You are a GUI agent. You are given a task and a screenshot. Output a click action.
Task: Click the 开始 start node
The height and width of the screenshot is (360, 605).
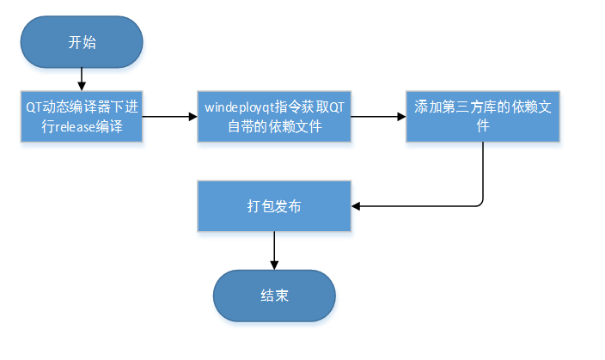click(x=82, y=42)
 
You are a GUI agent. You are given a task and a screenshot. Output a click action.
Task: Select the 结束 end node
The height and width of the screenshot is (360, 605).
click(x=274, y=296)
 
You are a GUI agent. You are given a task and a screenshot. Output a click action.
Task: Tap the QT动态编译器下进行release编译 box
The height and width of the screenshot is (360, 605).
click(x=82, y=116)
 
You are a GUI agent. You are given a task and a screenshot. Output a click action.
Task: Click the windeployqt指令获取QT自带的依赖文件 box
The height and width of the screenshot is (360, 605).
click(x=274, y=116)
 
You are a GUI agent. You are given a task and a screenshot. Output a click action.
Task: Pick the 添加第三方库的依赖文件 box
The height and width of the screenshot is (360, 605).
click(x=482, y=116)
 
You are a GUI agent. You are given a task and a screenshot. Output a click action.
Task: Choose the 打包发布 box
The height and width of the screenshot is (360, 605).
click(x=274, y=206)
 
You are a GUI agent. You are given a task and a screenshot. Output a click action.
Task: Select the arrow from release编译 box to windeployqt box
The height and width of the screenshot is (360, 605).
click(x=169, y=116)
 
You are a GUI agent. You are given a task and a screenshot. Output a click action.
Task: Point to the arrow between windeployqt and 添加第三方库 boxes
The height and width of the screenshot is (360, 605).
click(x=378, y=116)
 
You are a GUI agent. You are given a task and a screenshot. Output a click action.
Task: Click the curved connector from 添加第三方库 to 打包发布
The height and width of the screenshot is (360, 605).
click(x=482, y=180)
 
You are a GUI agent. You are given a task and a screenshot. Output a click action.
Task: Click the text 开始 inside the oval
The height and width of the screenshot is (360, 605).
click(x=82, y=42)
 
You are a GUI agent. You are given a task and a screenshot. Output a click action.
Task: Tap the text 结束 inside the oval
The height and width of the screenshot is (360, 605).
click(x=274, y=296)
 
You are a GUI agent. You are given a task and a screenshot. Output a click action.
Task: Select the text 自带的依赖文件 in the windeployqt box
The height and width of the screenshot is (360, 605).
click(x=274, y=125)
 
